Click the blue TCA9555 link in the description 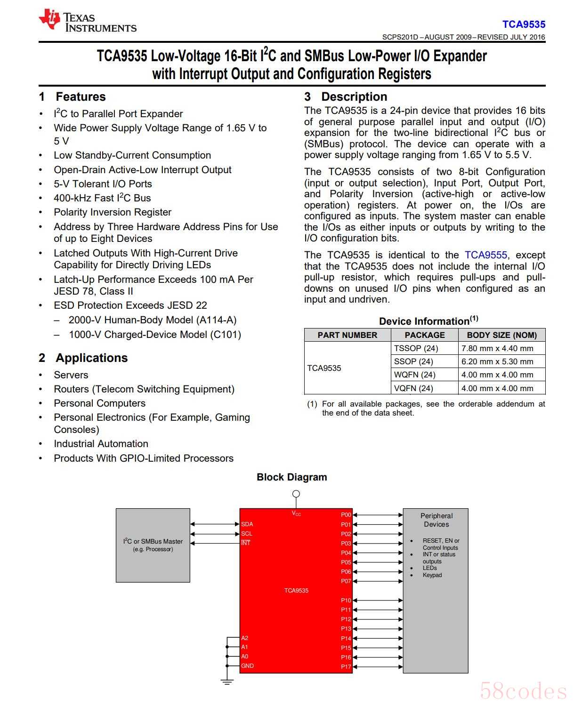[485, 255]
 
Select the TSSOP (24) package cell [416, 348]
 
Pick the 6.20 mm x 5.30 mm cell [497, 361]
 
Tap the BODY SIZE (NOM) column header [501, 335]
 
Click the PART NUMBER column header [347, 335]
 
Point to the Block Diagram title [291, 477]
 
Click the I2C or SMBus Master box [153, 545]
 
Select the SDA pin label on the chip [247, 524]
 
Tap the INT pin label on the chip [246, 543]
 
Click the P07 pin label [346, 581]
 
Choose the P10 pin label [346, 601]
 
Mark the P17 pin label [346, 666]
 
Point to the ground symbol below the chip [227, 682]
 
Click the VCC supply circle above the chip [296, 494]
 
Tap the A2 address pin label [244, 638]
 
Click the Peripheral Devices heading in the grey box [436, 520]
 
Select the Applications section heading [91, 358]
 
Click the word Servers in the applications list [71, 375]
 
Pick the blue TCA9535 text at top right [524, 24]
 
